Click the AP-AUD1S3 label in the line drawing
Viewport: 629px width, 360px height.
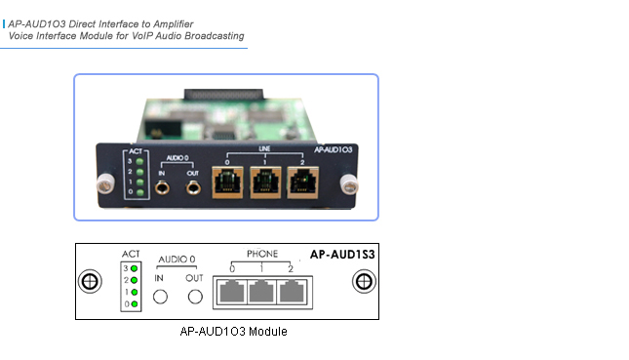pyautogui.click(x=341, y=252)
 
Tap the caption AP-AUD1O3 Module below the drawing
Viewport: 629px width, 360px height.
pyautogui.click(x=234, y=331)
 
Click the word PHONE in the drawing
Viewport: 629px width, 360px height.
pyautogui.click(x=261, y=254)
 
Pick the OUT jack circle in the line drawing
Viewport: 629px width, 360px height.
pyautogui.click(x=195, y=297)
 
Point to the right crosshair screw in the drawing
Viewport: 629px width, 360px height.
pyautogui.click(x=364, y=282)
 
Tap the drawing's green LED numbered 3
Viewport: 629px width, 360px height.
pyautogui.click(x=135, y=266)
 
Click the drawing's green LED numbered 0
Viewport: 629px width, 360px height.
pyautogui.click(x=135, y=304)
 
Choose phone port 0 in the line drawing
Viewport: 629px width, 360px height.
pyautogui.click(x=233, y=290)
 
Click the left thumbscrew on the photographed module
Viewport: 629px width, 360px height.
pyautogui.click(x=101, y=181)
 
